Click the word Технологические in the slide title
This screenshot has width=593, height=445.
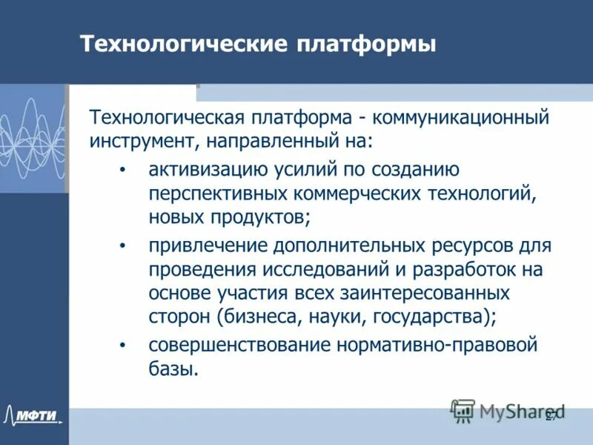(x=182, y=44)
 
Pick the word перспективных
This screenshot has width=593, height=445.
(x=211, y=194)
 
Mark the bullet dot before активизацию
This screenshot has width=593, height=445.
(x=123, y=171)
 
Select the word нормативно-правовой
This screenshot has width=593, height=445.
(x=437, y=345)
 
